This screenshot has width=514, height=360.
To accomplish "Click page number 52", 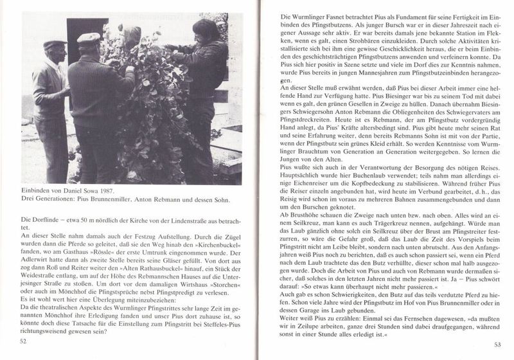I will click(x=24, y=341).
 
